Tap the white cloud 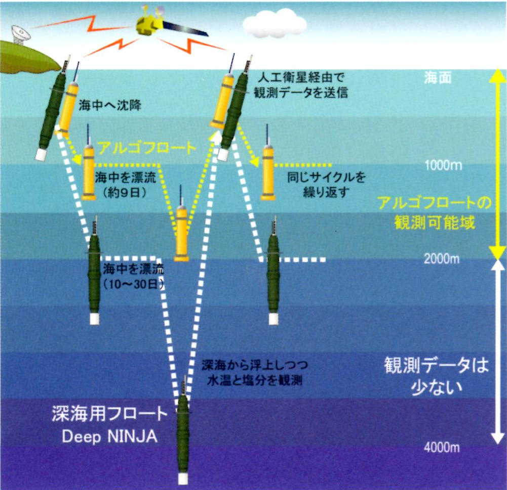275,23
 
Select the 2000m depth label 442,259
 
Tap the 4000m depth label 442,448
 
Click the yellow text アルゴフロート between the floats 146,148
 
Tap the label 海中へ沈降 109,106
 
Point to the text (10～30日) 133,285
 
